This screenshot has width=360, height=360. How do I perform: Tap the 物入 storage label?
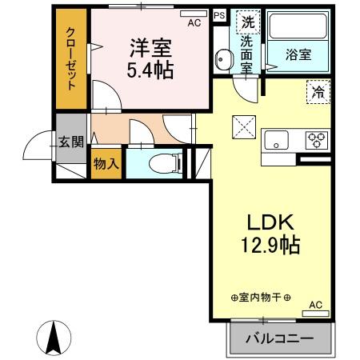[x=106, y=165]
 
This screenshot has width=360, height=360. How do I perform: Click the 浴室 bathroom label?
[x=299, y=54]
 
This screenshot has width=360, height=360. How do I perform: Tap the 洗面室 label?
[x=246, y=54]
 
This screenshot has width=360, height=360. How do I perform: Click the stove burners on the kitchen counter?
[x=317, y=140]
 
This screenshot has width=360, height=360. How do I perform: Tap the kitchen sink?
[x=278, y=141]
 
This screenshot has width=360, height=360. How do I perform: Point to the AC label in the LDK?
[x=314, y=305]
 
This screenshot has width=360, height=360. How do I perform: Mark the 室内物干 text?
[x=262, y=298]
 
